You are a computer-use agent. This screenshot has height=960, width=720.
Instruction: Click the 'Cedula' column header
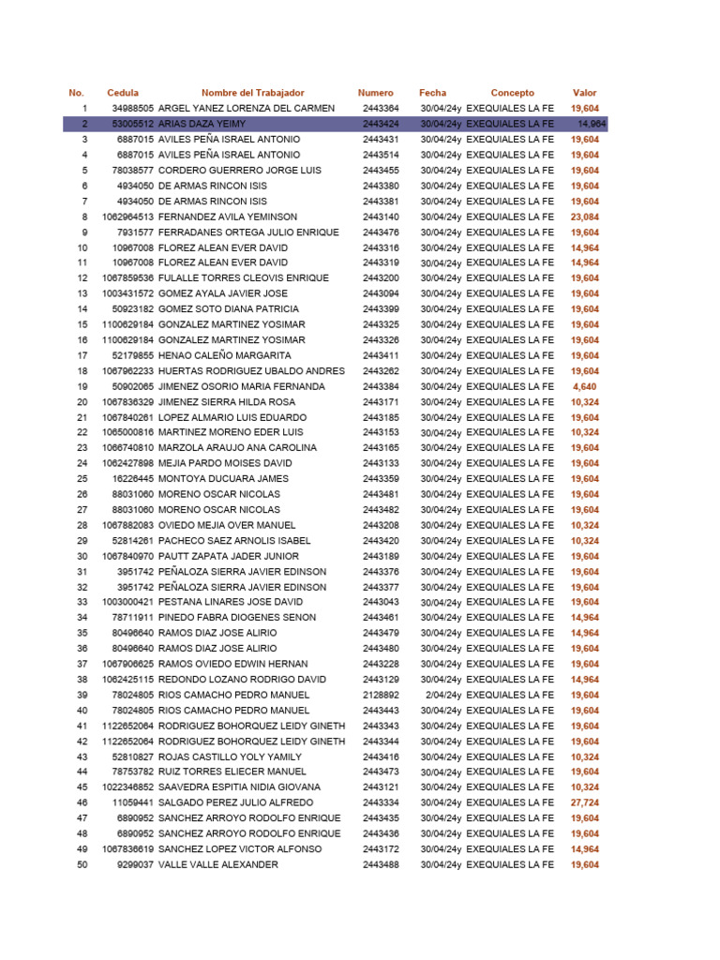pos(123,93)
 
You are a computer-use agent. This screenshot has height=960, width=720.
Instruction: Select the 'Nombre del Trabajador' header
pos(252,93)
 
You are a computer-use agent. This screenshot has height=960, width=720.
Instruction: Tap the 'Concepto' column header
pos(512,93)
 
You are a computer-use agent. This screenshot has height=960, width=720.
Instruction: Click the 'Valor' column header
pos(584,93)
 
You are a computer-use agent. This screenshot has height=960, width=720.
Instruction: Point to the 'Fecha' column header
pos(432,93)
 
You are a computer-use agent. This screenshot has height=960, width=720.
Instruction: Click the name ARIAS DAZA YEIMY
pos(202,124)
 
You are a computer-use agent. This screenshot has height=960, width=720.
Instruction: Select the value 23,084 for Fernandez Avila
pos(584,217)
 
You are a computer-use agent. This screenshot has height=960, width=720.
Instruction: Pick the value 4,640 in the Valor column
pos(584,386)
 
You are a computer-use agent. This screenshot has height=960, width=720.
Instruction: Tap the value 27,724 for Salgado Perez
pos(584,802)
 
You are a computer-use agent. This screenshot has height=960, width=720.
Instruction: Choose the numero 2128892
pos(381,695)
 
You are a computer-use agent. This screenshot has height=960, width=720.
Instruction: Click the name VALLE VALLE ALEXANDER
pos(218,864)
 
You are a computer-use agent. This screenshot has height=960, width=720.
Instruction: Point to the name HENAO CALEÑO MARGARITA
pos(225,355)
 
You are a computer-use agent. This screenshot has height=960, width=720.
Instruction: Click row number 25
pos(82,479)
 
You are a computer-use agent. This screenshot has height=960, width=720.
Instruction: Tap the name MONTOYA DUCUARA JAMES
pos(223,479)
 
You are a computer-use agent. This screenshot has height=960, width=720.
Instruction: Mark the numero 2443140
pos(381,217)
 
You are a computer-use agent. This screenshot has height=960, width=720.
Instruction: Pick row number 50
pos(82,864)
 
